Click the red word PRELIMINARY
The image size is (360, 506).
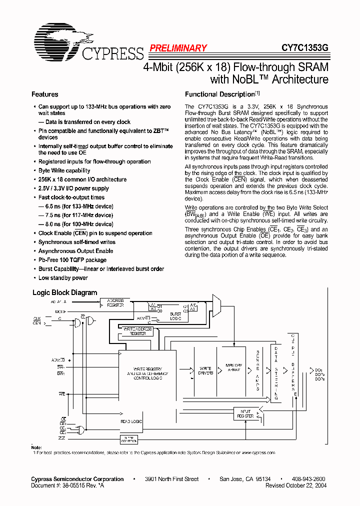coord(178,48)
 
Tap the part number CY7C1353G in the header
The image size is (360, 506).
coord(304,48)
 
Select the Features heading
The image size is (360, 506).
coord(44,94)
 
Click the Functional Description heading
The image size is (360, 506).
coord(220,94)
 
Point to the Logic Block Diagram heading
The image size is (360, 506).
coord(64,292)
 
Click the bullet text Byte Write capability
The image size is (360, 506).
coord(64,170)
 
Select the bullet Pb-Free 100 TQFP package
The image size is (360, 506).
coord(72,260)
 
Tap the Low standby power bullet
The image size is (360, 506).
coord(63,278)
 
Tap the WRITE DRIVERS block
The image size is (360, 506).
coord(205,370)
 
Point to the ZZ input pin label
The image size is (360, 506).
coord(62,437)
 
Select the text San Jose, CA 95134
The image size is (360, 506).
coord(245,479)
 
